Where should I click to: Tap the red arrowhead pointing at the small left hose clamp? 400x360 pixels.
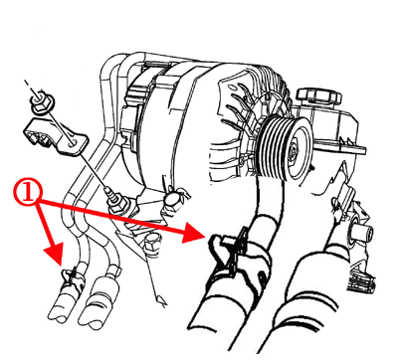coord(54,254)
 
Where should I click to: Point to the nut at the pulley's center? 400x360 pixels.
coord(293,151)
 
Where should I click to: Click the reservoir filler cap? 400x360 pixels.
coord(319,95)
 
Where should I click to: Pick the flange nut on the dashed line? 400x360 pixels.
coord(42,101)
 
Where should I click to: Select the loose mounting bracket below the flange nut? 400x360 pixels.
coord(55,136)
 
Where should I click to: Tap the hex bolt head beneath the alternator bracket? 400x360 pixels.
coord(152,246)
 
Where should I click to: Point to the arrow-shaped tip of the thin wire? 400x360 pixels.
coord(161,301)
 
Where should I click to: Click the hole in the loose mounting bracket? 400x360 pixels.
coord(73,142)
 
